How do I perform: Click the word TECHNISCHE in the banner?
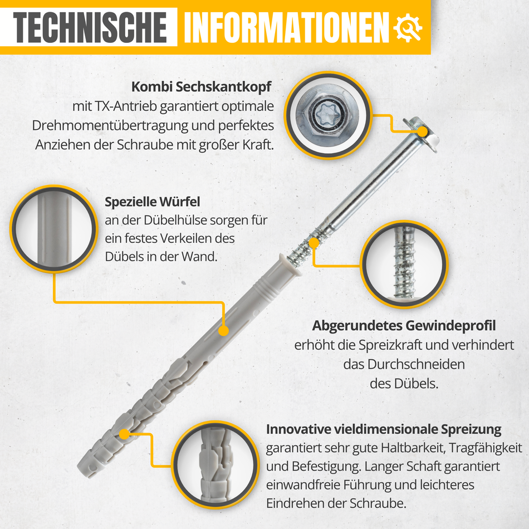tap(91, 26)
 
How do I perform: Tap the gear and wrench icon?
tap(408, 26)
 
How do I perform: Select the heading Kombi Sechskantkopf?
tap(201, 87)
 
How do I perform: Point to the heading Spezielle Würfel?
tap(152, 202)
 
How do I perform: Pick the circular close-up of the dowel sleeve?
tap(53, 228)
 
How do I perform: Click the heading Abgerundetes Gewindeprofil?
tap(403, 325)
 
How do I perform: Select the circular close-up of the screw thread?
tap(404, 264)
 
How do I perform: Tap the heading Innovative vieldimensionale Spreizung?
tap(384, 430)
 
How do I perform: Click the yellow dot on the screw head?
tap(423, 132)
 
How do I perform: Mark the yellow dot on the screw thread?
tap(314, 243)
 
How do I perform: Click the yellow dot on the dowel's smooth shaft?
tap(223, 330)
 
